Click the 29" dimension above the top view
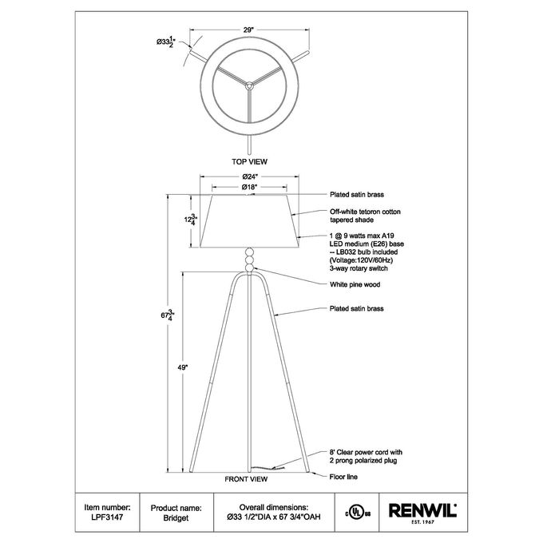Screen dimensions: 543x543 click(248, 30)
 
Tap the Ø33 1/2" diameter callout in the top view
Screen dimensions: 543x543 click(166, 42)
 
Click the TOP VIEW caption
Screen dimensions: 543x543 click(249, 161)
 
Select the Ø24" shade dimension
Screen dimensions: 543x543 click(249, 176)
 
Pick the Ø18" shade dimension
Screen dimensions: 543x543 click(249, 187)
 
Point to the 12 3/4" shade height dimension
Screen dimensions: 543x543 click(191, 220)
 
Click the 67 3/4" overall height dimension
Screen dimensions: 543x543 click(168, 315)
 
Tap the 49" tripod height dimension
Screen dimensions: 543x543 click(183, 368)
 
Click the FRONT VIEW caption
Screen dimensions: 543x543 click(246, 479)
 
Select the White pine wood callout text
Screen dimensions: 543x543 click(355, 284)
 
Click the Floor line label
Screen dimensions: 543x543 click(343, 477)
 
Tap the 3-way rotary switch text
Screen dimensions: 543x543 click(359, 268)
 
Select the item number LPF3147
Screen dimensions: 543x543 click(107, 517)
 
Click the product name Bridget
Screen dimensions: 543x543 click(176, 518)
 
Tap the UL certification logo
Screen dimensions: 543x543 click(358, 512)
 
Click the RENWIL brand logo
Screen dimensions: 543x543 click(423, 513)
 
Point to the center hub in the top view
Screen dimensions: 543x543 click(249, 84)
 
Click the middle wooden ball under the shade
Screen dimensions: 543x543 click(249, 260)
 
